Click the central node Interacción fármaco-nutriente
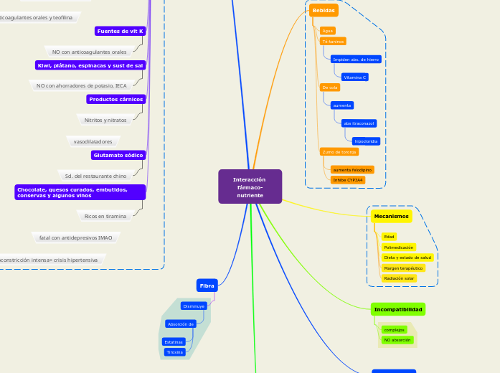pos(250,186)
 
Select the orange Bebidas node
pos(324,11)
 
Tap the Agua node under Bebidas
pos(327,31)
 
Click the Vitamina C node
pos(355,77)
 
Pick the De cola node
pos(330,88)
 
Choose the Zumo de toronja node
pos(339,152)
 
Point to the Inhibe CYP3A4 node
pos(348,180)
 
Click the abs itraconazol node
pos(359,123)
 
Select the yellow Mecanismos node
pos(391,216)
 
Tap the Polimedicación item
pos(398,247)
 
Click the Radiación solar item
pos(399,278)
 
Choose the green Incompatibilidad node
pos(398,309)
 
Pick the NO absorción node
pos(397,340)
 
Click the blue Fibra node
pos(207,285)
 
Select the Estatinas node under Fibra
pos(174,342)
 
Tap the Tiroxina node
pos(174,352)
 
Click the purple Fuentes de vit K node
pos(121,31)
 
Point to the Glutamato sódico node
pos(118,155)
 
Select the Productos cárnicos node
pos(116,99)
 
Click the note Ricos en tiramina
pos(105,216)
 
